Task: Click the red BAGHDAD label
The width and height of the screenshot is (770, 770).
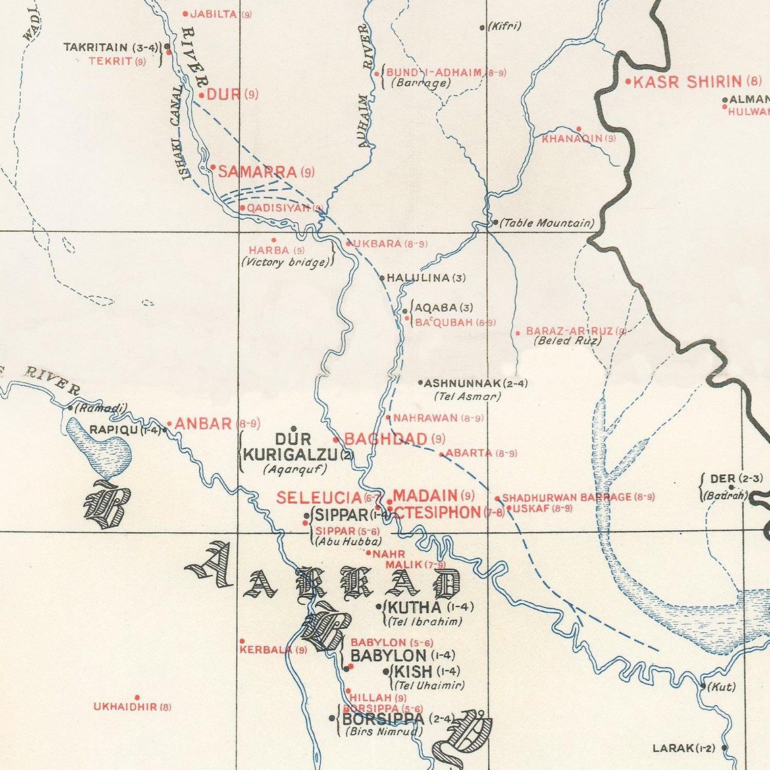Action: [386, 439]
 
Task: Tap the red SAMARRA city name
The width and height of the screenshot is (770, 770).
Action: [257, 172]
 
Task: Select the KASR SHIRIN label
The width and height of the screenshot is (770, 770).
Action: [688, 82]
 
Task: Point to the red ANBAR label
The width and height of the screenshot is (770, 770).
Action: [203, 424]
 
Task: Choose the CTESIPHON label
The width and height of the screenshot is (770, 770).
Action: [437, 513]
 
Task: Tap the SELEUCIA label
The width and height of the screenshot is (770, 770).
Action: [319, 498]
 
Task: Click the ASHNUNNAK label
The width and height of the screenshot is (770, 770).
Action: [466, 384]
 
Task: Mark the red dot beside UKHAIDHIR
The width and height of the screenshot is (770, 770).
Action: [137, 697]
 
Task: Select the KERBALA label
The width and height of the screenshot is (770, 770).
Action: [265, 650]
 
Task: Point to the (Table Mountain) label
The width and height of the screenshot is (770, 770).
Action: [547, 223]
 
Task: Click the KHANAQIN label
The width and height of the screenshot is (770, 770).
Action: [571, 138]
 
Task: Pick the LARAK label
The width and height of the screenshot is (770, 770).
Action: [673, 748]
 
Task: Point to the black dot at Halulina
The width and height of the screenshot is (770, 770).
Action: [382, 278]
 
